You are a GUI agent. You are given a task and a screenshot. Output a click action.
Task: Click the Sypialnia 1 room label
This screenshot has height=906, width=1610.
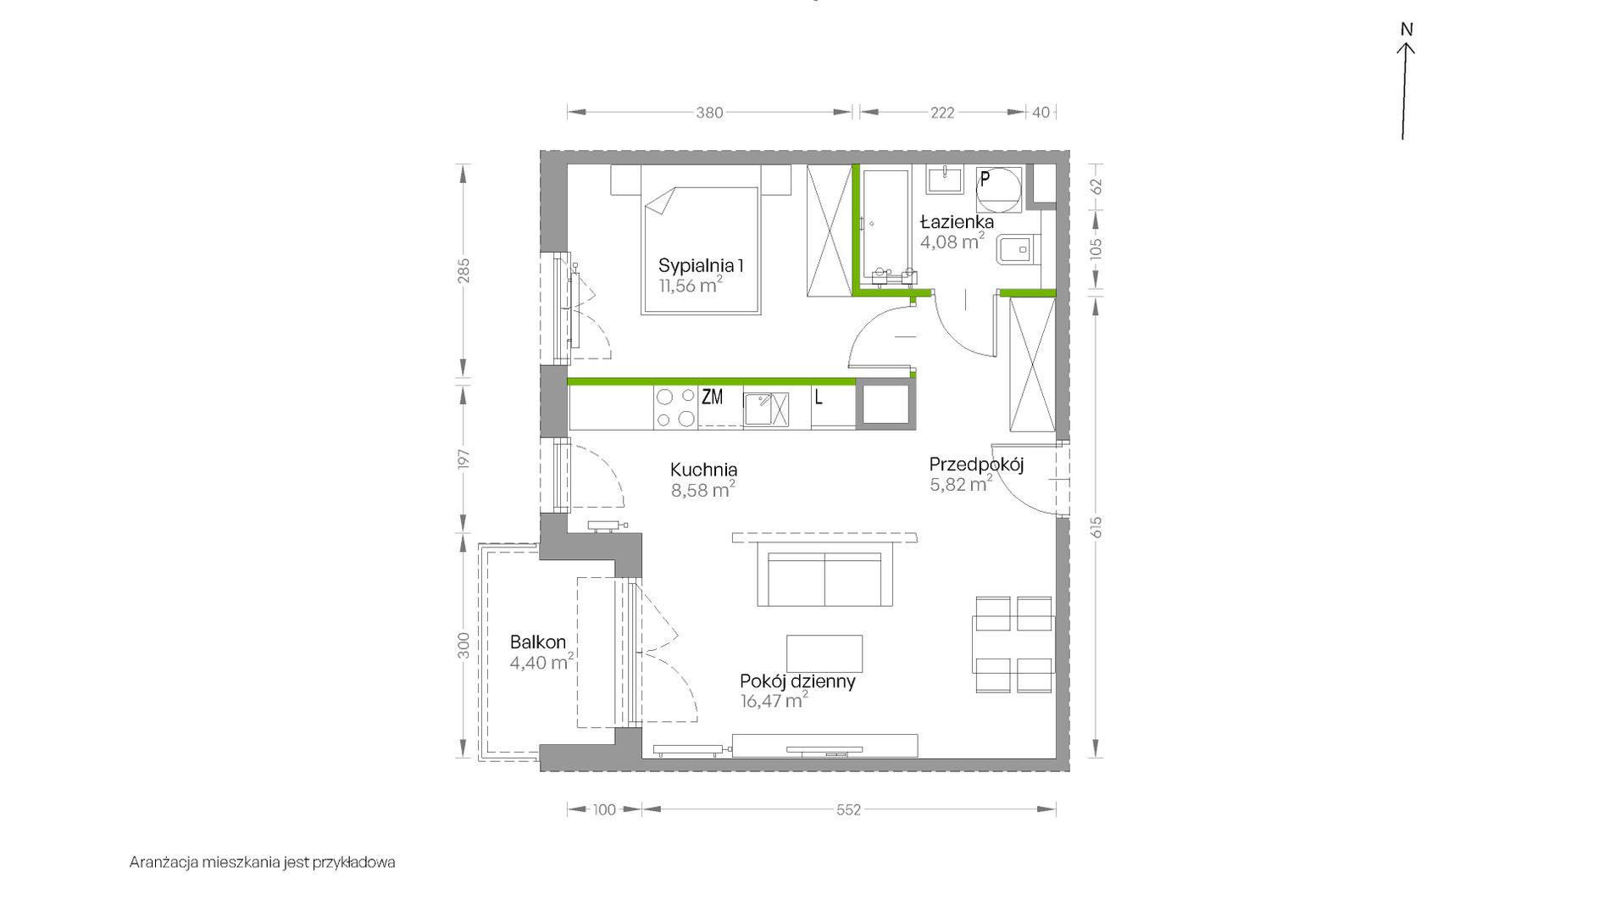coord(701,265)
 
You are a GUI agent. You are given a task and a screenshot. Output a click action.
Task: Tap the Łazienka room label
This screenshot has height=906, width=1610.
coord(957,221)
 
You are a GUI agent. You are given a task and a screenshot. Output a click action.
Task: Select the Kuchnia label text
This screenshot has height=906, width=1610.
coord(703,470)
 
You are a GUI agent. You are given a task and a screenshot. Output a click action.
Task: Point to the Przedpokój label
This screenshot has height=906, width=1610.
coord(976,464)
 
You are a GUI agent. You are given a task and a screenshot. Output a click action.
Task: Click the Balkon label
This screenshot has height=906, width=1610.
coord(538,642)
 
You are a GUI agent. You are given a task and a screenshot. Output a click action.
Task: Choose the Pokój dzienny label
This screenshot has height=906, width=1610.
coord(797,681)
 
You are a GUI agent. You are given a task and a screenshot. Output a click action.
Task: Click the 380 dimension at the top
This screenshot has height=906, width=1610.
coord(709,113)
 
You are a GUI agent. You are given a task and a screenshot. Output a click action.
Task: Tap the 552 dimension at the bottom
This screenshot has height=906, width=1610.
coord(848,810)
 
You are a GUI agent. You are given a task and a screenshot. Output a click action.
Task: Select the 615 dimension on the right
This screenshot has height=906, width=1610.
coord(1096,527)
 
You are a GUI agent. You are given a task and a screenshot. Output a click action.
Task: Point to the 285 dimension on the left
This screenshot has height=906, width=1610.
coord(464,270)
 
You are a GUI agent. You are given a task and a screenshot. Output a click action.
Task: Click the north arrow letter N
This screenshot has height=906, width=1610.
coord(1407,30)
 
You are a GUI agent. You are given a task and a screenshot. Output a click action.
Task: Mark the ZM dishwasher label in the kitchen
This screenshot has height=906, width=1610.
coord(712,396)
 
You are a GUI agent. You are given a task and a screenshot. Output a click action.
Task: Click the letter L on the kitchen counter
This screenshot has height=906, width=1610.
coord(819,397)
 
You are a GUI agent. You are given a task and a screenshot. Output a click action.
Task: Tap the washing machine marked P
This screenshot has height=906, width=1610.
coord(998,189)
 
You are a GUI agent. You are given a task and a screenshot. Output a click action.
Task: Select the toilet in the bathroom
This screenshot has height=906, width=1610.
coord(1018,249)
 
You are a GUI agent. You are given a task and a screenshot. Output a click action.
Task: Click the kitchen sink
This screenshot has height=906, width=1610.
coord(766,409)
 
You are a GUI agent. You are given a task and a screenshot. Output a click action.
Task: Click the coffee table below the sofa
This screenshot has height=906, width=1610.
coord(824,653)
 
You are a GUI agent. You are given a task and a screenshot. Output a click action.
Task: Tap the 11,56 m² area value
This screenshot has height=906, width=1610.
coord(691,285)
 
